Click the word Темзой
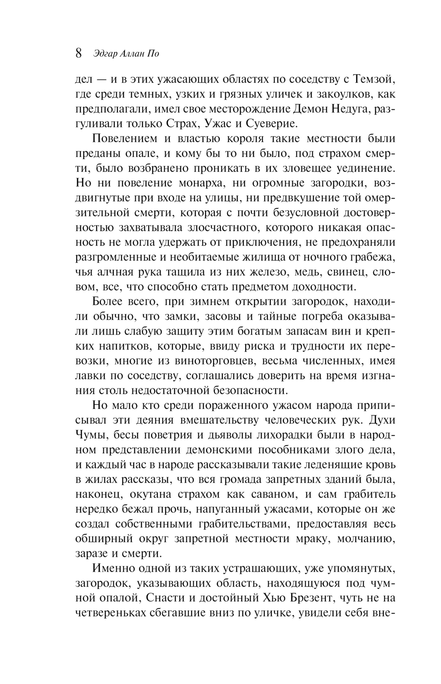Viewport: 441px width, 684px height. click(x=373, y=79)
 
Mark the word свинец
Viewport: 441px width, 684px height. click(x=345, y=272)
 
